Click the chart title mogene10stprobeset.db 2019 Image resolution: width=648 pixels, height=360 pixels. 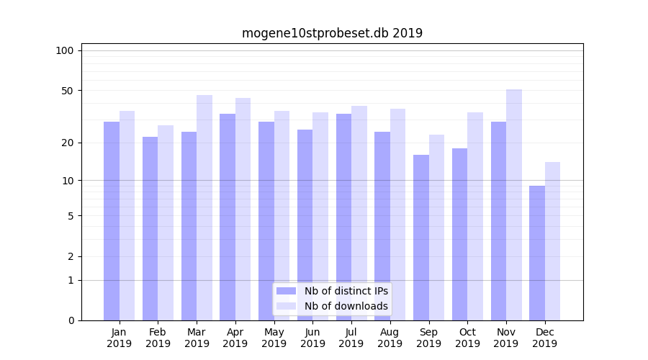point(332,33)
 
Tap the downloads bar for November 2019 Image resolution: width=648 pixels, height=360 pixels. point(514,205)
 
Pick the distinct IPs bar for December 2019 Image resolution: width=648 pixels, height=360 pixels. point(537,253)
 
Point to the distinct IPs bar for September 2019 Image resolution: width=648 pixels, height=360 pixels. point(421,238)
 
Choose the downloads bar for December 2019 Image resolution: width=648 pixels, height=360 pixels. point(553,241)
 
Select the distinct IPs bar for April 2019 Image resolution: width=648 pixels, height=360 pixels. point(228,217)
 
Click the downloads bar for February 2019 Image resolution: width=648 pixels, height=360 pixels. point(166,222)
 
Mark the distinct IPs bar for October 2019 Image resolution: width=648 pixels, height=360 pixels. point(460,234)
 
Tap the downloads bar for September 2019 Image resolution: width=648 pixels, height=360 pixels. point(437,228)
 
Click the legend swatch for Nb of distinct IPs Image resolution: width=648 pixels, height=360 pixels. point(287,291)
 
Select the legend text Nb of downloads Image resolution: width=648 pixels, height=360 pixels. point(346,306)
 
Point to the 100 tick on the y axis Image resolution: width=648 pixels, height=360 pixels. point(65,50)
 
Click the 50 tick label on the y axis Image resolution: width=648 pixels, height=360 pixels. point(67,91)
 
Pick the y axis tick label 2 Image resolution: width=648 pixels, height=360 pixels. point(71,256)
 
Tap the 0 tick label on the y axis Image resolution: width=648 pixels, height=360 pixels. point(71,320)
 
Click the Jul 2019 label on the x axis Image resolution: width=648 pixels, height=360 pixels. point(351,338)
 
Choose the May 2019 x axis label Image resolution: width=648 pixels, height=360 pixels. point(274,338)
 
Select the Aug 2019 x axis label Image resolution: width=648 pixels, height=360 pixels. point(390,338)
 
